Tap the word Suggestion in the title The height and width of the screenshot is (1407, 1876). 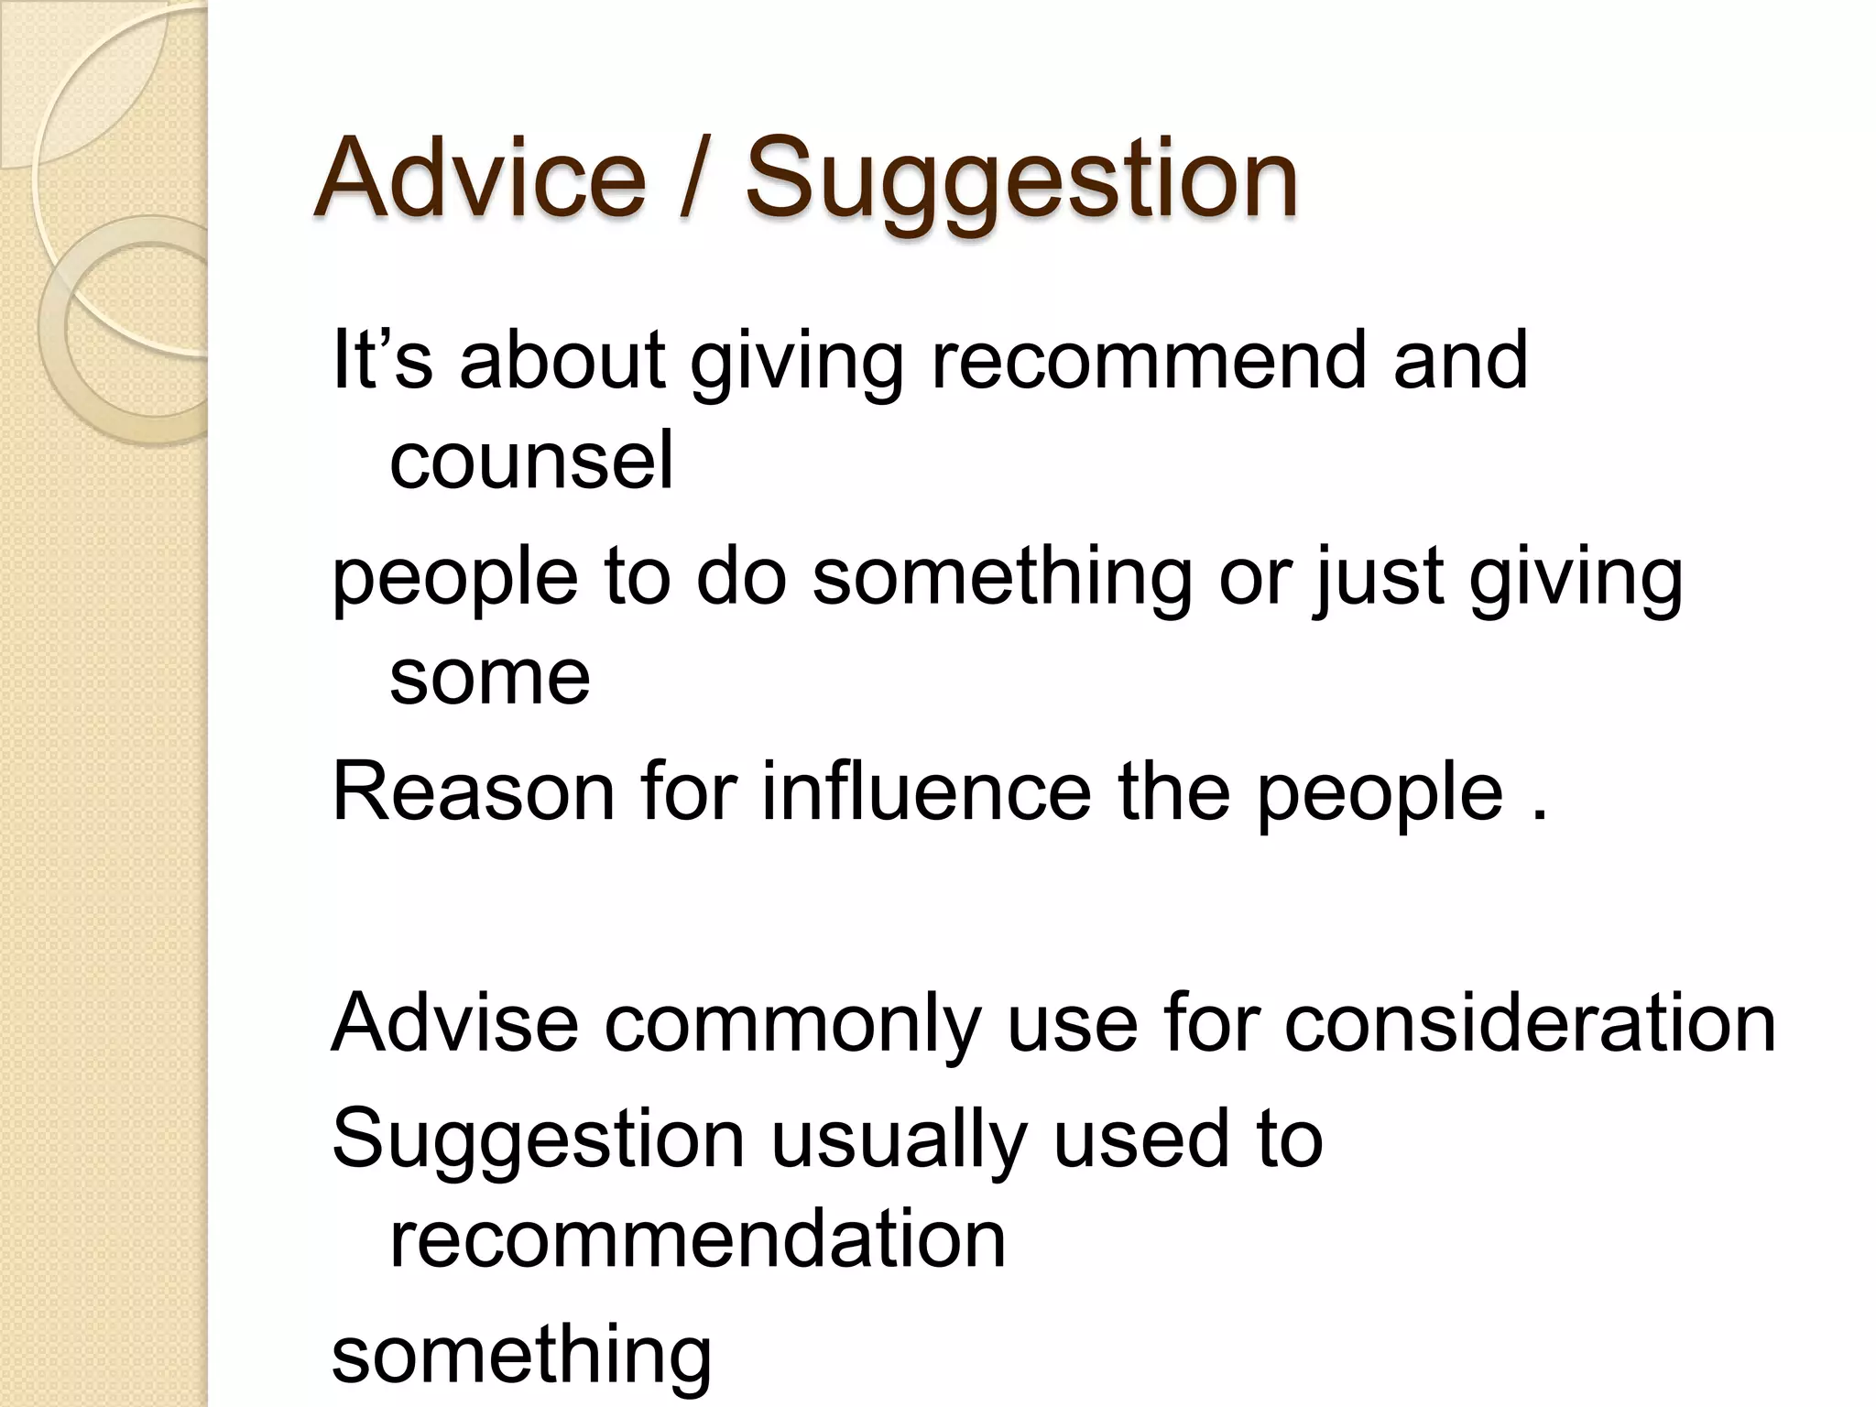[1020, 179]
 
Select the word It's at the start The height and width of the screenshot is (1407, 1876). [381, 359]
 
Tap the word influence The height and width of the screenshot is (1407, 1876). [926, 791]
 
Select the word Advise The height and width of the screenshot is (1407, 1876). [454, 1022]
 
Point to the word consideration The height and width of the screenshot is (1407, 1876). [1529, 1022]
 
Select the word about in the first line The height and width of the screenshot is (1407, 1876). [562, 359]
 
